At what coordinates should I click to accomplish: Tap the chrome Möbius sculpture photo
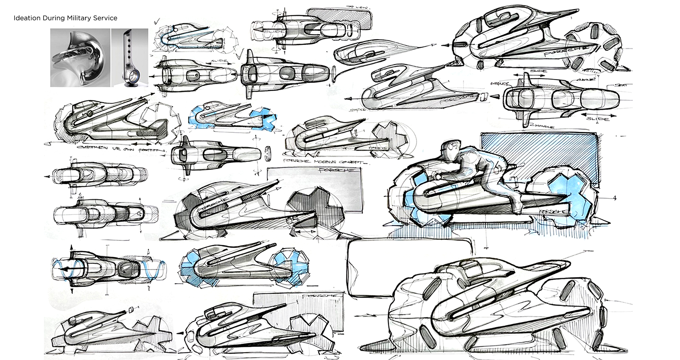pos(80,58)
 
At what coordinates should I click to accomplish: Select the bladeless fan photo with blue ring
pos(130,58)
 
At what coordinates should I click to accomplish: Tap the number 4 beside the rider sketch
pos(615,198)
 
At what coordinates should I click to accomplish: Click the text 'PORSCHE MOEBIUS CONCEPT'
pos(324,161)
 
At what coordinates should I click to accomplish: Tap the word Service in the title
pos(106,18)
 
